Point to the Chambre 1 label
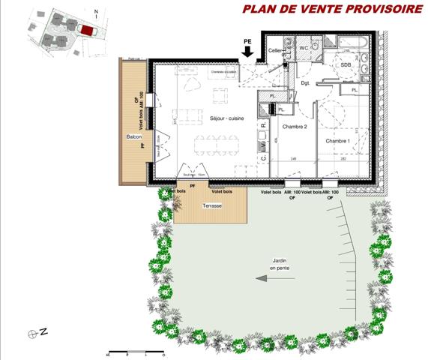337,141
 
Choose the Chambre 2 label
295,127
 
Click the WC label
304,48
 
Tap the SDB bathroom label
346,65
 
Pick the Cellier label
276,50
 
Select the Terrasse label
211,205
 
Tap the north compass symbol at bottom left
32,331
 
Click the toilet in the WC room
315,49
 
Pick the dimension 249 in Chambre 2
295,160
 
